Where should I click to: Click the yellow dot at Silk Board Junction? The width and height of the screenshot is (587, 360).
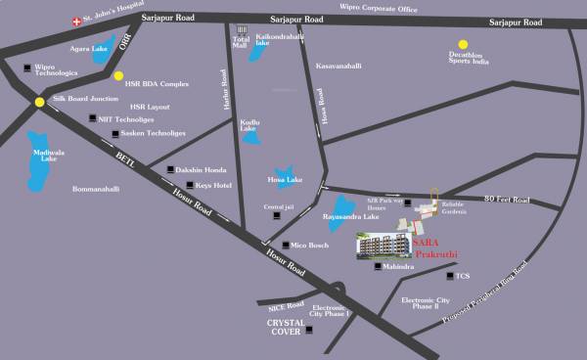click(x=38, y=102)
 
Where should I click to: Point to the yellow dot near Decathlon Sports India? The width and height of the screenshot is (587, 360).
click(x=464, y=44)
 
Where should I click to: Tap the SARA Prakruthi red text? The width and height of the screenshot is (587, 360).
click(x=429, y=247)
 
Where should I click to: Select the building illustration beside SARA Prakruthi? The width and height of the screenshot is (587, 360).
click(x=381, y=245)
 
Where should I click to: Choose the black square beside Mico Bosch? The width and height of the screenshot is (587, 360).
click(x=284, y=245)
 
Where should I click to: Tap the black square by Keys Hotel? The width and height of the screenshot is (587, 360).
click(x=189, y=185)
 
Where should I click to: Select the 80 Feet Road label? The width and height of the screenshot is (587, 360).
click(x=506, y=201)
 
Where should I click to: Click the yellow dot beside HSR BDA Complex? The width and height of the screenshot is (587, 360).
click(x=118, y=75)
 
